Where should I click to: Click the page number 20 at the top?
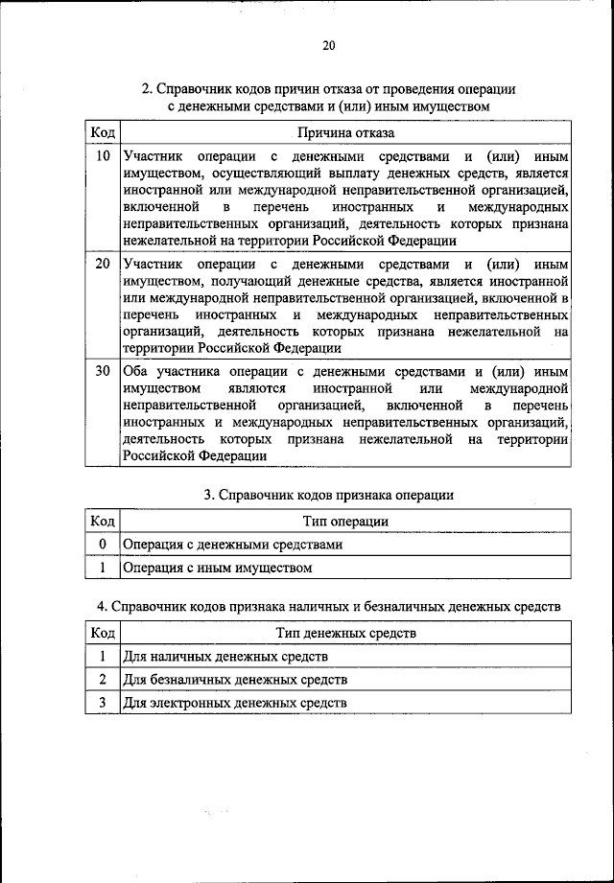tap(329, 45)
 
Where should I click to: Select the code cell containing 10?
tap(103, 155)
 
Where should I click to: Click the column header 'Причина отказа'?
tap(345, 132)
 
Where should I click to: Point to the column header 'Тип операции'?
tap(345, 521)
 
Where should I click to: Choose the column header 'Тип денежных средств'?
tap(345, 633)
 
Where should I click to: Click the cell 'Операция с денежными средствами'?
tap(232, 545)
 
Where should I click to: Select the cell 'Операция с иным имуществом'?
tap(218, 568)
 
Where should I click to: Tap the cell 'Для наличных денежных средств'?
tap(225, 657)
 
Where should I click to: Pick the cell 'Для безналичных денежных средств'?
tap(235, 680)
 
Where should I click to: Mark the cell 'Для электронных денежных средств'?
tap(235, 703)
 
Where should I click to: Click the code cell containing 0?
tap(103, 545)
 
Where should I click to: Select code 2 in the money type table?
tap(103, 680)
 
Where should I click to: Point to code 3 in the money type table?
tap(103, 703)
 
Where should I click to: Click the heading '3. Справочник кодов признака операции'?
tap(328, 496)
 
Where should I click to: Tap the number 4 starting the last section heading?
tap(101, 608)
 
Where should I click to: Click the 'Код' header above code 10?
tap(103, 132)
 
